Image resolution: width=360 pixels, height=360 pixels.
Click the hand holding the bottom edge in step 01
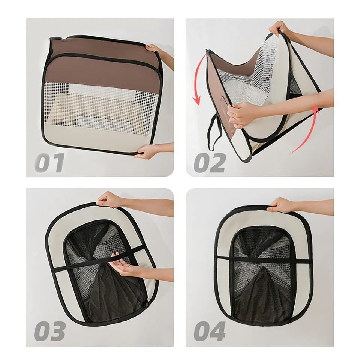[146, 151]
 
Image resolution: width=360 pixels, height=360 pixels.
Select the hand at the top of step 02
[279, 28]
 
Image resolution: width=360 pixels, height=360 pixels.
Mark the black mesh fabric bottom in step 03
[109, 300]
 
